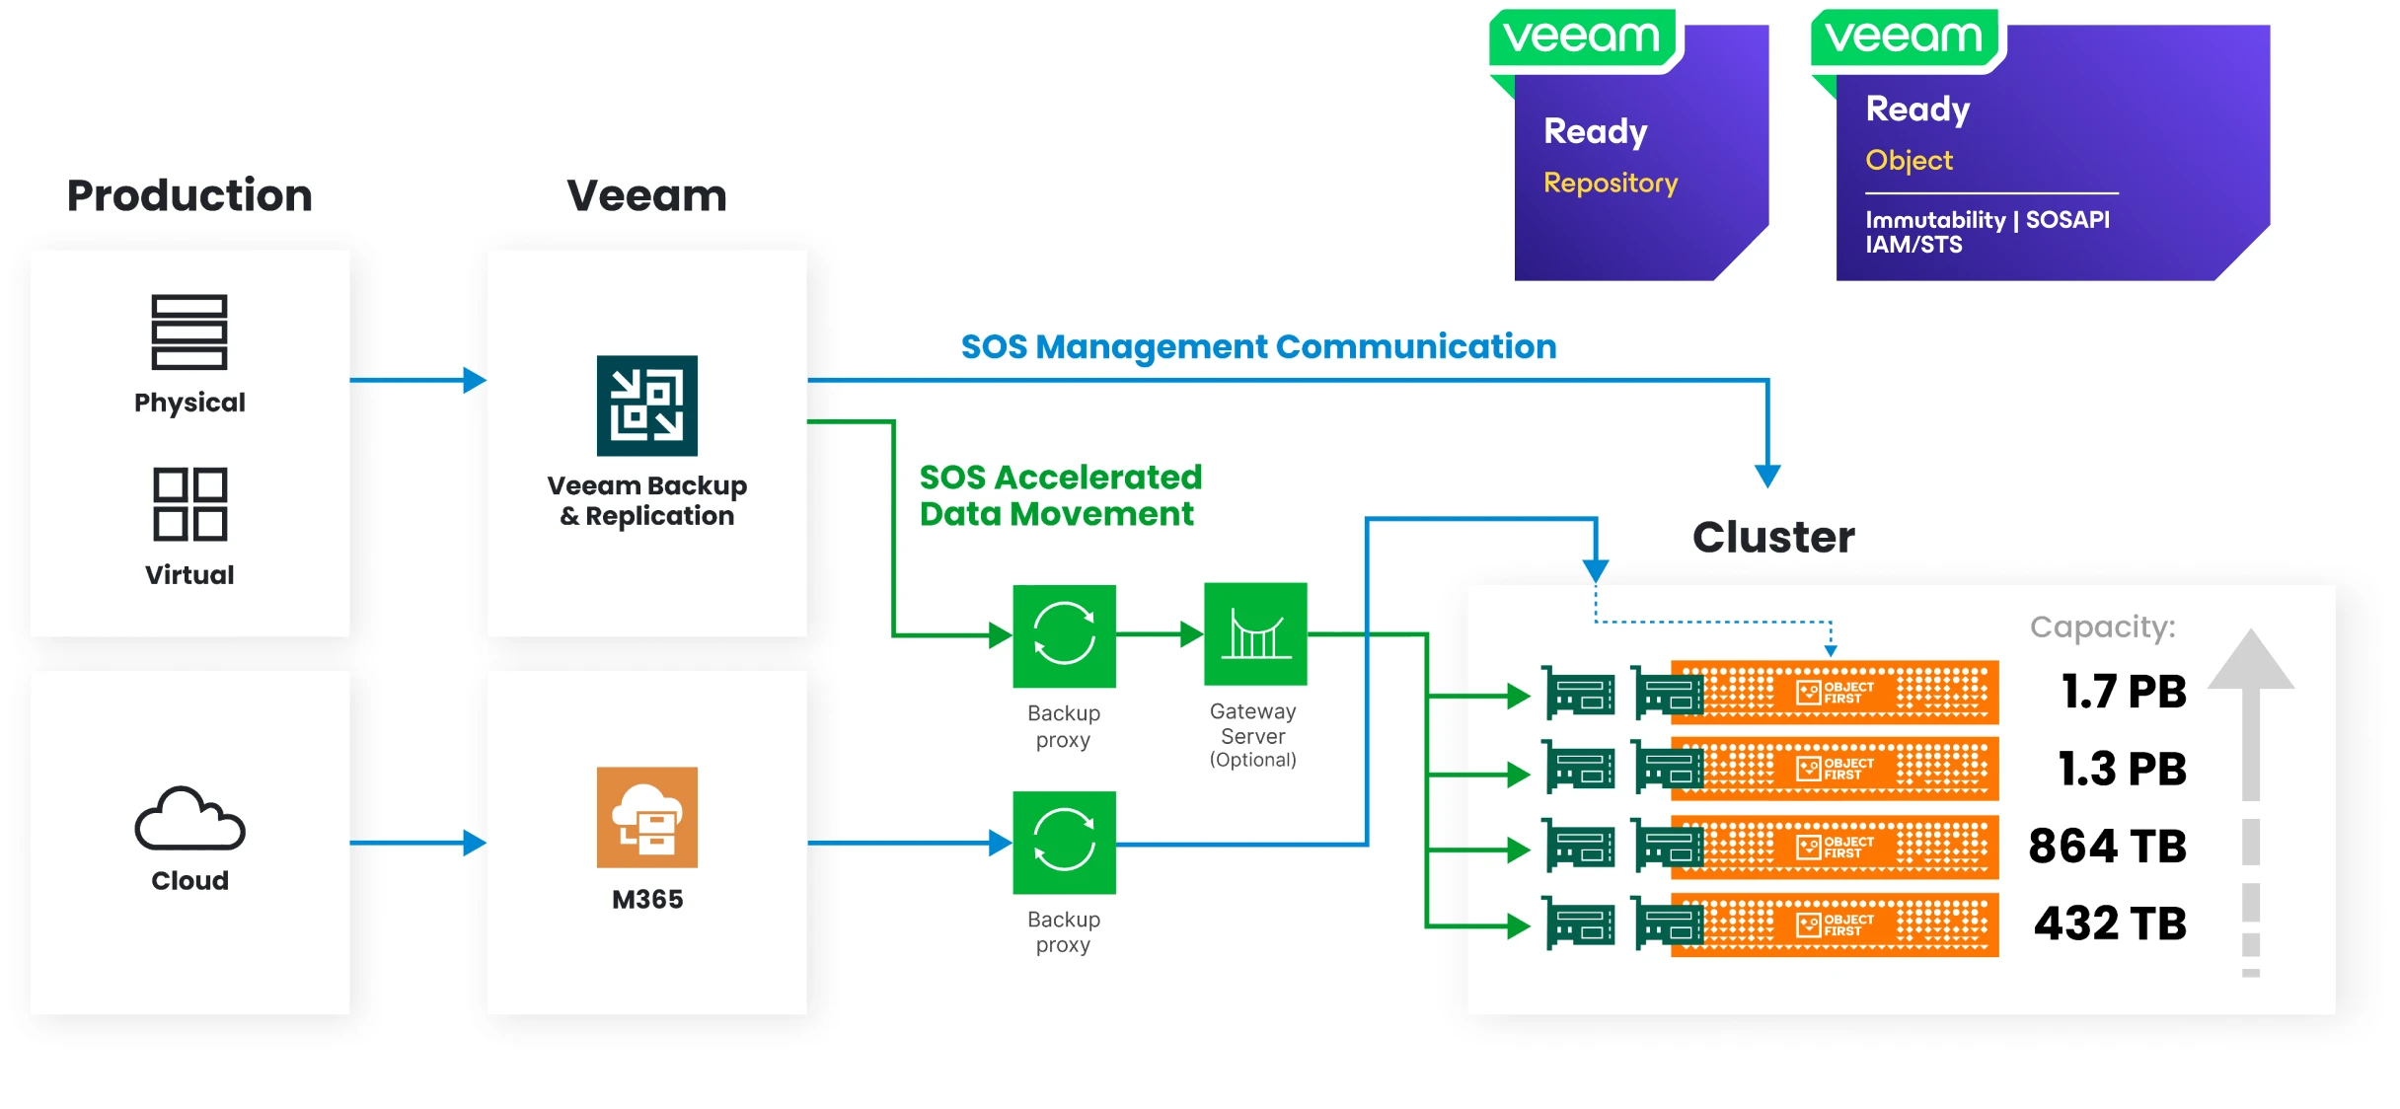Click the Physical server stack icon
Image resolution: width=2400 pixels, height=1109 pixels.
point(189,333)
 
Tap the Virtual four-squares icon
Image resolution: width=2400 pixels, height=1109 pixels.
point(189,504)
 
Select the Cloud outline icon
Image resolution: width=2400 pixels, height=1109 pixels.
point(189,819)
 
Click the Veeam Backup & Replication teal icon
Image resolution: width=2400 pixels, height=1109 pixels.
point(647,406)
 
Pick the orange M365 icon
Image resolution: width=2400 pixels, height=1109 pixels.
point(647,817)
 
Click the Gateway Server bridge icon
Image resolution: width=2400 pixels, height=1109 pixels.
point(1255,634)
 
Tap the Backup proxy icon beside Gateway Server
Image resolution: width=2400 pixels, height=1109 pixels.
point(1064,635)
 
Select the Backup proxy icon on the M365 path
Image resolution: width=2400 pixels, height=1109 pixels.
point(1064,843)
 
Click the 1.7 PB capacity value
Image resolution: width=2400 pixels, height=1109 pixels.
point(2124,692)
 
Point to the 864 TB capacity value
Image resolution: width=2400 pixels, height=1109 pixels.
point(2108,847)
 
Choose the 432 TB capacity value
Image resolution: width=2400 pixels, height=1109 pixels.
point(2110,924)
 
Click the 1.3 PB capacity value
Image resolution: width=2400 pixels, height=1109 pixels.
point(2122,769)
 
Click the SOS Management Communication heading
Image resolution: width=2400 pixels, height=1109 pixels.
point(1258,347)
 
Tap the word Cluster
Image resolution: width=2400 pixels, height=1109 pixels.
point(1773,538)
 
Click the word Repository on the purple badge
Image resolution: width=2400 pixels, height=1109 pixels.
point(1611,184)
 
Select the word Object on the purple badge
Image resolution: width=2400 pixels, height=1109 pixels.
point(1909,161)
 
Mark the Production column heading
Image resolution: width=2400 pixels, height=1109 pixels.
point(189,195)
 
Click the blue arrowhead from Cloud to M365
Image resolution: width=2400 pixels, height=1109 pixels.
point(475,844)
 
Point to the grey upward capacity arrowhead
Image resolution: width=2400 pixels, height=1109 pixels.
point(2250,660)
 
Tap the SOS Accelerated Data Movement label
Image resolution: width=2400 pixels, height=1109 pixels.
point(1060,495)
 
